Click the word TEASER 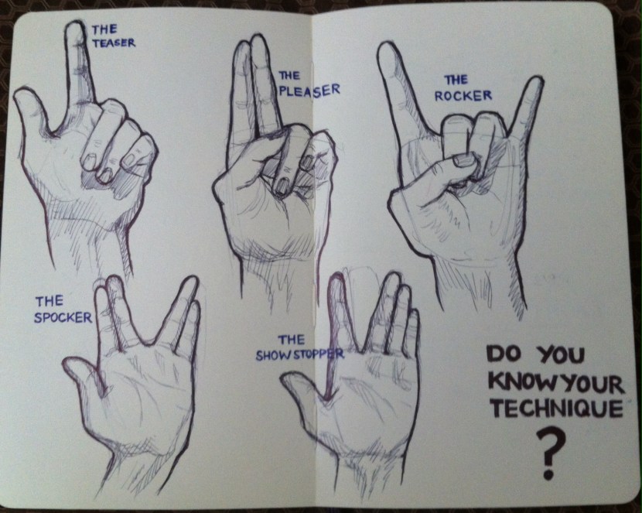click(114, 43)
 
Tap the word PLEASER click(309, 90)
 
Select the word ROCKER click(463, 96)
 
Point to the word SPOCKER click(63, 317)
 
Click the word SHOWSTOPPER click(300, 354)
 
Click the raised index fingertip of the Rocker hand click(388, 49)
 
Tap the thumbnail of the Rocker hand click(465, 159)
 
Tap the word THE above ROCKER click(456, 80)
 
